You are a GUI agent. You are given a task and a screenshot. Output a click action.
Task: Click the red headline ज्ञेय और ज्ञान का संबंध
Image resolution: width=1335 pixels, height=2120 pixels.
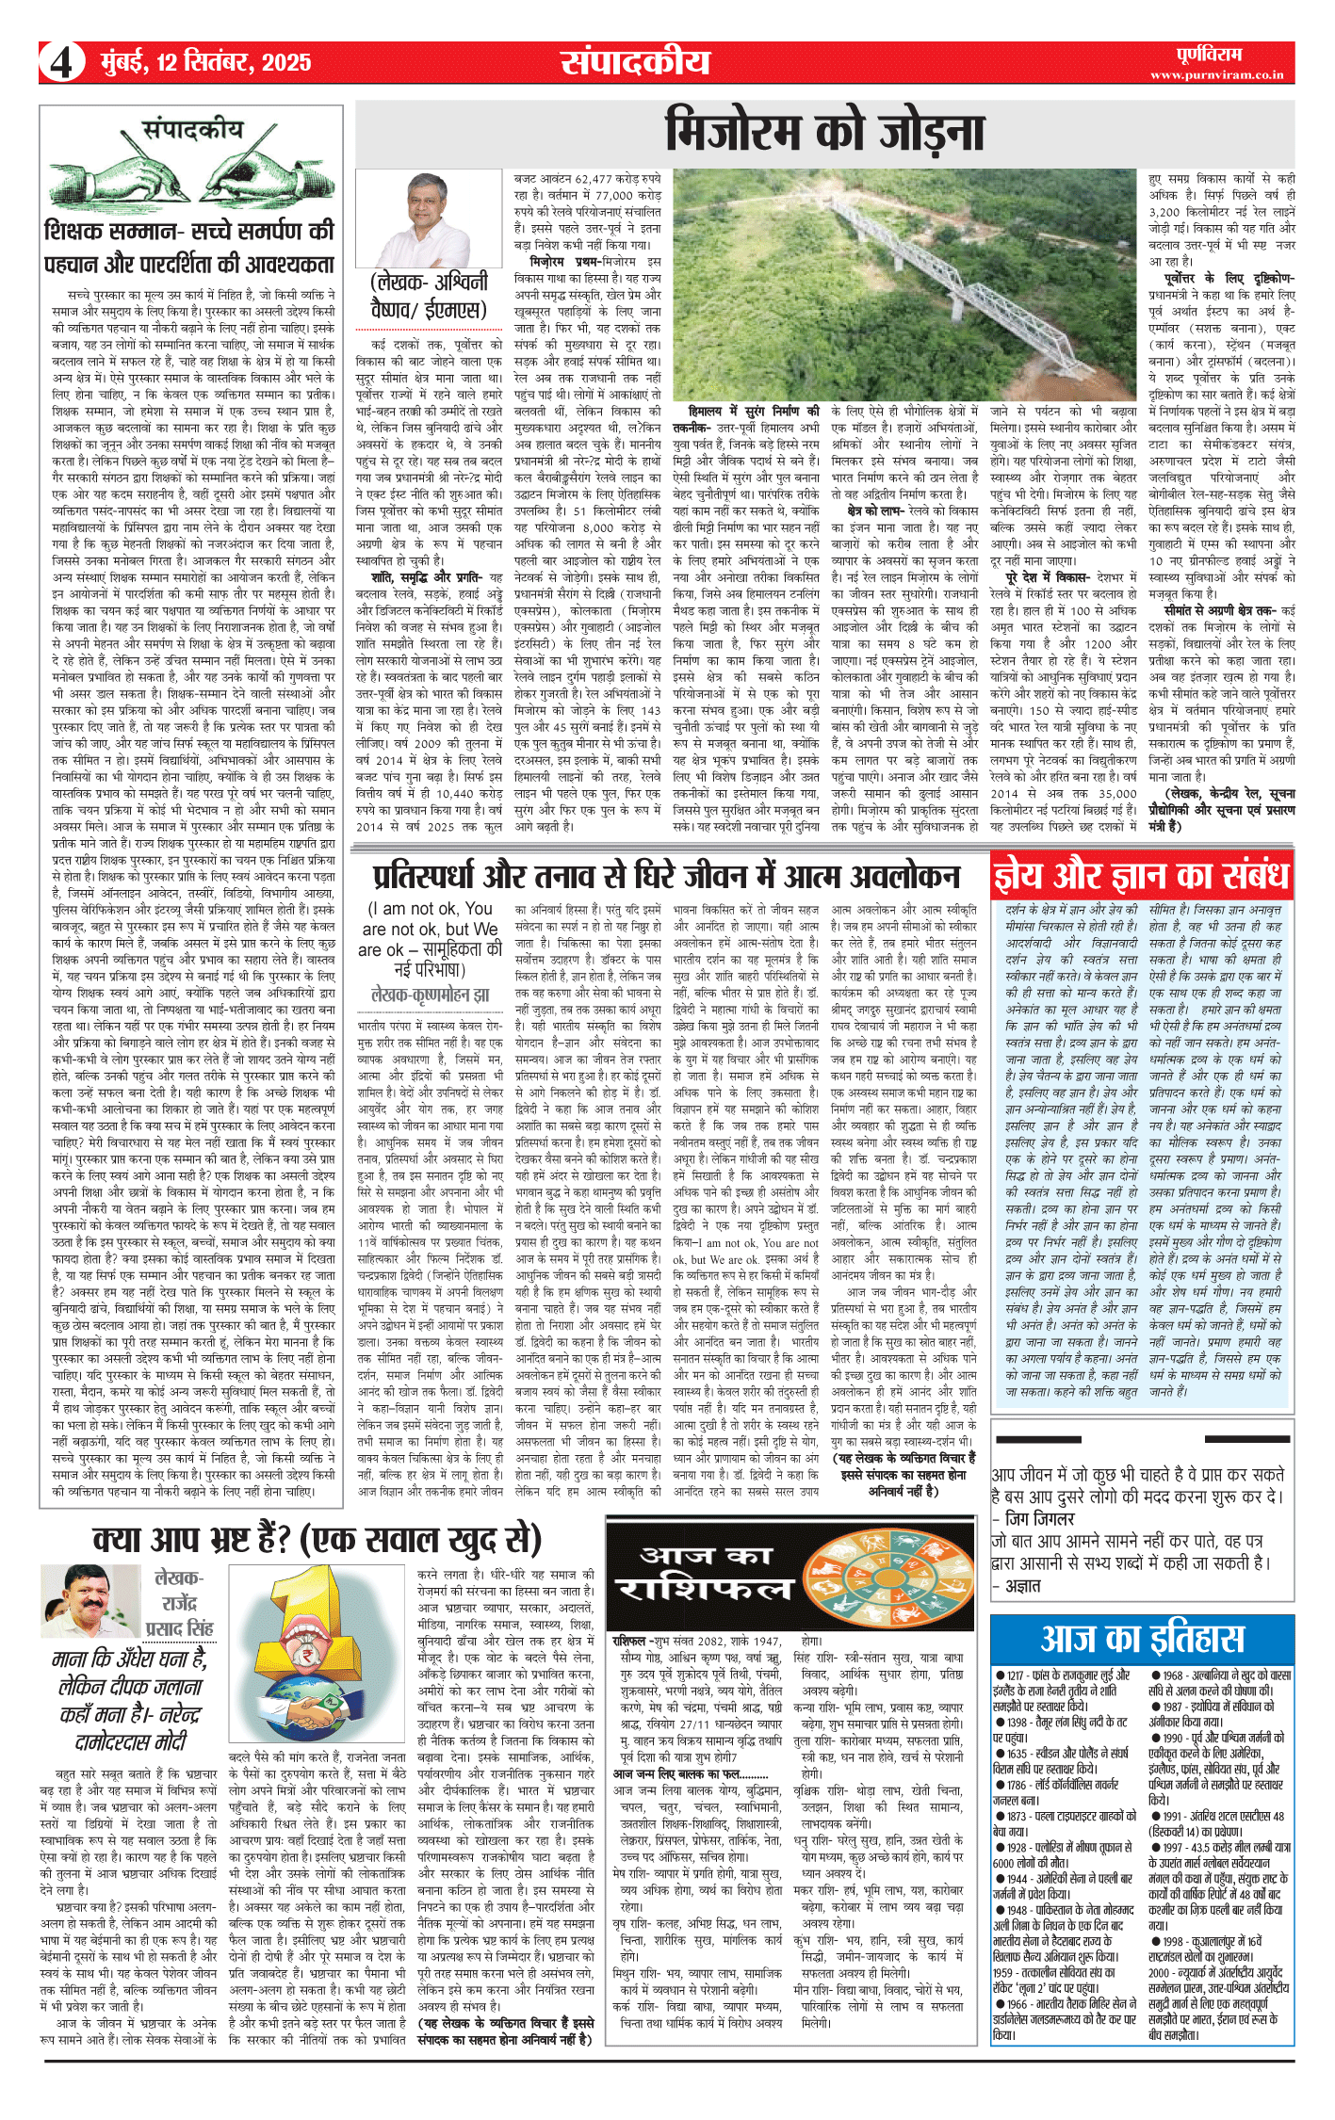pos(1141,876)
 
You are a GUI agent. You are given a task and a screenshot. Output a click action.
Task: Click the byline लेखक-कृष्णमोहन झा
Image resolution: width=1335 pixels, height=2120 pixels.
pos(431,995)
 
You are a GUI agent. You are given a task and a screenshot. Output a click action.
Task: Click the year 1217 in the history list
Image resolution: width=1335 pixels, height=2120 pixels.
pos(1015,1675)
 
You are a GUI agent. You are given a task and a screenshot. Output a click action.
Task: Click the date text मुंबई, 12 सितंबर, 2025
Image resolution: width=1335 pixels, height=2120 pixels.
pos(205,63)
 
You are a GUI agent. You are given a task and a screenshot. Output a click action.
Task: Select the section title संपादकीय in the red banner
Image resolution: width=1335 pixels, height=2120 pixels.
pos(635,62)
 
